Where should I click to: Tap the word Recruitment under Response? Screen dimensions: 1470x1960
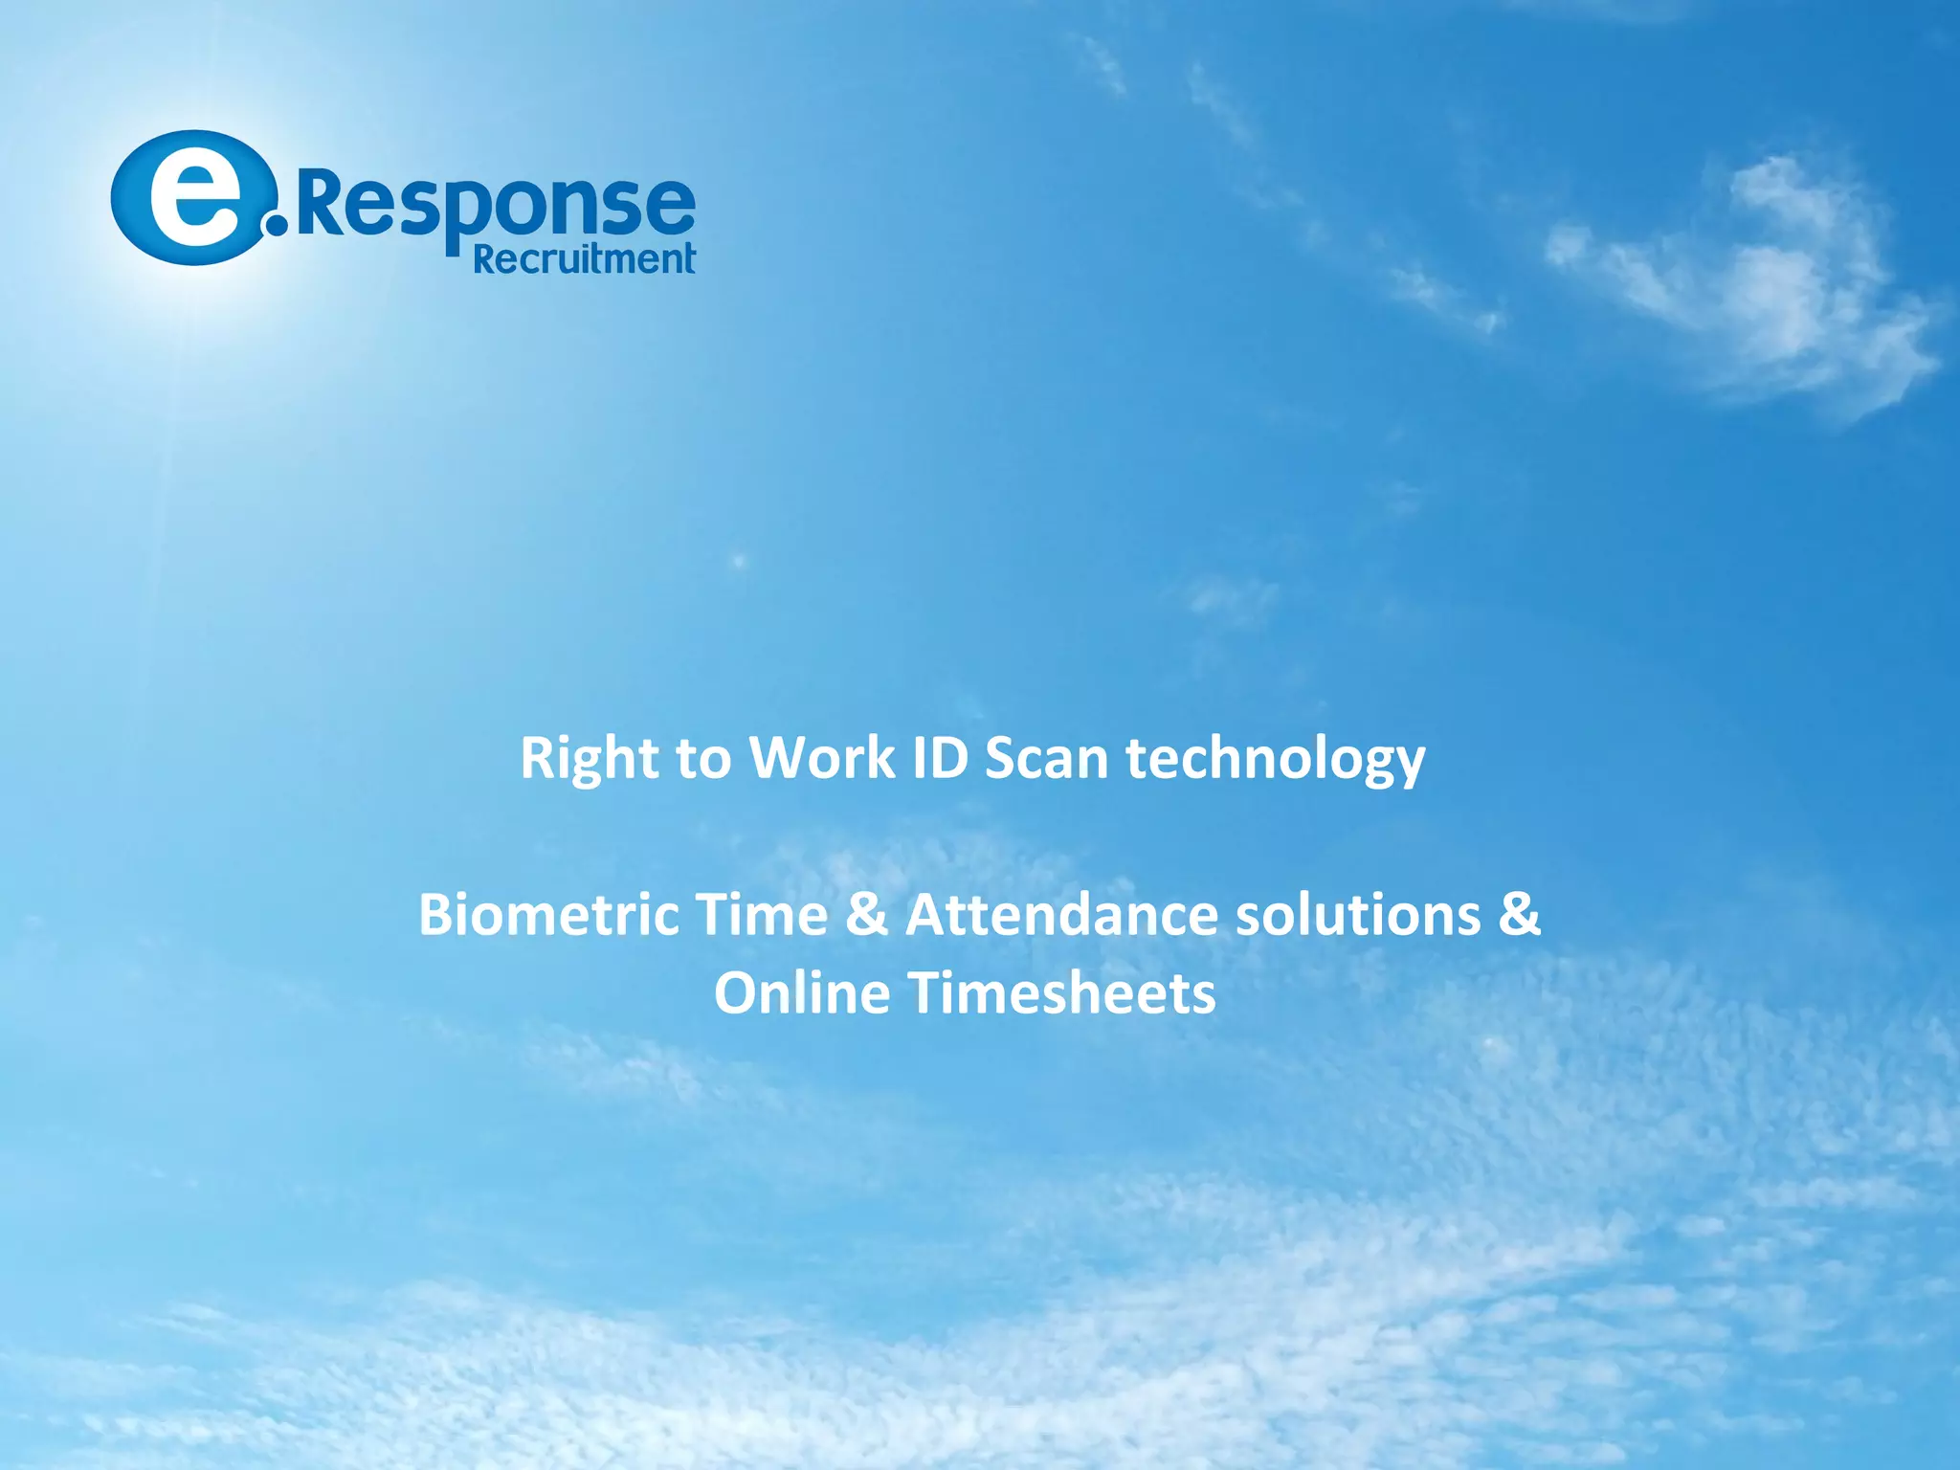pos(584,258)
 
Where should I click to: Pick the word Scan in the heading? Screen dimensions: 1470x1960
pos(1046,759)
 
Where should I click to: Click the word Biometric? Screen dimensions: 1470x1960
pos(548,915)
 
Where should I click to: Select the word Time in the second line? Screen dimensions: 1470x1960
pos(762,915)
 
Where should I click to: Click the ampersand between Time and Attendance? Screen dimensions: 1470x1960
pos(867,915)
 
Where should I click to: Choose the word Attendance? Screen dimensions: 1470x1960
pos(1061,915)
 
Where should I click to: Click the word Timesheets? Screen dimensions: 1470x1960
pos(1061,993)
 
